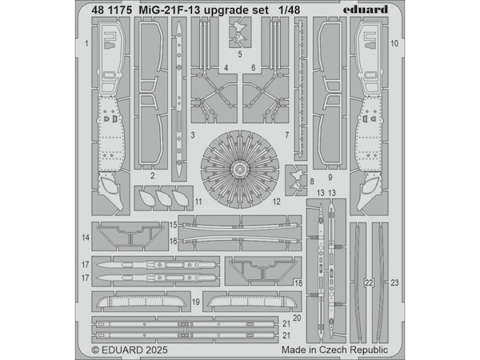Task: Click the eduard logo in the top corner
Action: pos(364,9)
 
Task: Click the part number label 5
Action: pos(239,55)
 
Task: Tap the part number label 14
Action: pos(86,237)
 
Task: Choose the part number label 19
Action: pos(195,302)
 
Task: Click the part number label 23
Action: pos(394,282)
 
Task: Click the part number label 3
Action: pos(194,137)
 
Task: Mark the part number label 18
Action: pos(298,283)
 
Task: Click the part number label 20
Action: pos(297,318)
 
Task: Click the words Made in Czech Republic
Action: pos(335,350)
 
